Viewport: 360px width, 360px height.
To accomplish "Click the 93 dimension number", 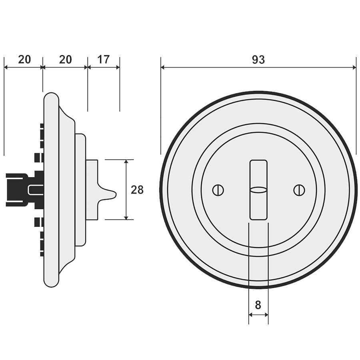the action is click(x=258, y=60).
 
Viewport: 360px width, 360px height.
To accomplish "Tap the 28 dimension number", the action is click(x=137, y=190).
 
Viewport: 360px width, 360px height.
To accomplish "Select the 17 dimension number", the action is click(x=103, y=60).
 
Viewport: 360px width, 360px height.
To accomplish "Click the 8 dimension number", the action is click(x=258, y=305).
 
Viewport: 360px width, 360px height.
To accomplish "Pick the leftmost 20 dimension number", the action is click(x=24, y=60).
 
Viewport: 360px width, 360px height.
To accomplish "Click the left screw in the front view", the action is click(x=218, y=190).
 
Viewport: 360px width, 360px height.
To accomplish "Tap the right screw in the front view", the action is click(x=299, y=190).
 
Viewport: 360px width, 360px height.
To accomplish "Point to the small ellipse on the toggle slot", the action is click(x=258, y=190).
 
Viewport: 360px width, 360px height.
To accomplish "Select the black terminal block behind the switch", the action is click(x=24, y=190).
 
